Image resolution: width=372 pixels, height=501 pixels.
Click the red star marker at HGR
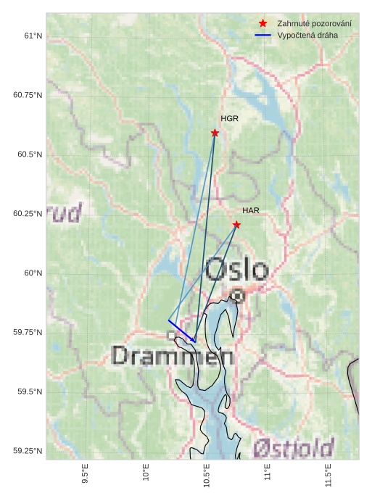tap(215, 133)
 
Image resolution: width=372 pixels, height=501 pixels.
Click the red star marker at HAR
tap(236, 225)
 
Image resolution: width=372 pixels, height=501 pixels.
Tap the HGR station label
tap(230, 118)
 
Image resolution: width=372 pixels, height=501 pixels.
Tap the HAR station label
tap(251, 210)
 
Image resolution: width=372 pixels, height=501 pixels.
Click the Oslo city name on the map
tap(236, 270)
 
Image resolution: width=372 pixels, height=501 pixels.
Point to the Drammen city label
tap(173, 356)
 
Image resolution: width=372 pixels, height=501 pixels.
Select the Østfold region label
tap(294, 447)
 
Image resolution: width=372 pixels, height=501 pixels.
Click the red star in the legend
tap(263, 24)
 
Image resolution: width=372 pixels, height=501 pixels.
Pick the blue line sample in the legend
tap(263, 35)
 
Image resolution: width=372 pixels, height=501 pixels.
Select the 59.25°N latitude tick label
tap(28, 451)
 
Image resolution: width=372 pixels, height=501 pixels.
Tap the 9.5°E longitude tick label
tap(86, 473)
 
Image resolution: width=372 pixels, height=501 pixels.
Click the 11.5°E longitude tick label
tap(328, 473)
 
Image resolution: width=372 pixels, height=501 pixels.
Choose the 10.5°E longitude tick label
tap(207, 473)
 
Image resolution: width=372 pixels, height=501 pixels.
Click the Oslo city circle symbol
tap(238, 295)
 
